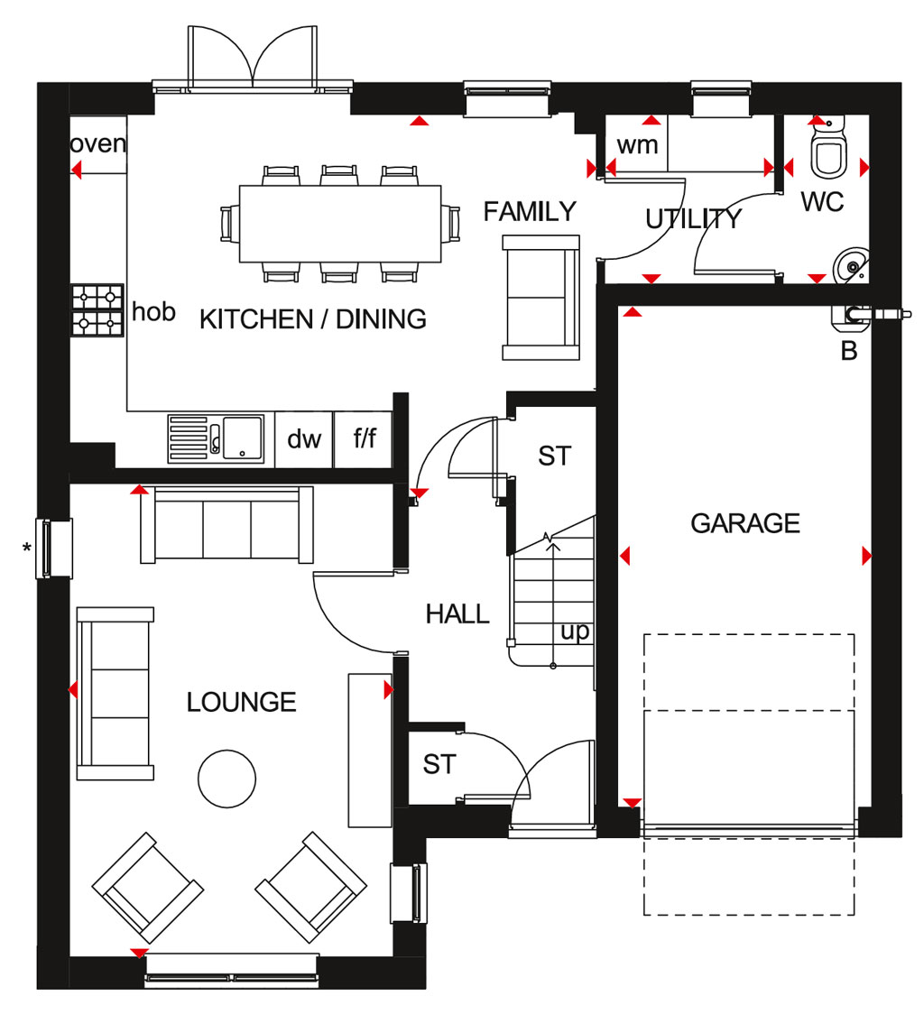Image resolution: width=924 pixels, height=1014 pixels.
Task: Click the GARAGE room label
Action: tap(744, 523)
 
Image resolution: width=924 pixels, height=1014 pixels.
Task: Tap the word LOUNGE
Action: tap(241, 702)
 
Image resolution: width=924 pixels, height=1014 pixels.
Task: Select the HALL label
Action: tap(457, 613)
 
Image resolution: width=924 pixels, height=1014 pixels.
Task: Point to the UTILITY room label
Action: tap(693, 218)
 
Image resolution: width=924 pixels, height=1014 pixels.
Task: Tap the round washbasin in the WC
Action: tap(852, 266)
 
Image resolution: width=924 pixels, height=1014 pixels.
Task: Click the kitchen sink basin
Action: tap(243, 438)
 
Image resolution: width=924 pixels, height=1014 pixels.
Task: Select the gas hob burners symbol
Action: tap(97, 310)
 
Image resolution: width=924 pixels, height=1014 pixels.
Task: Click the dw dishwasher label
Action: tap(304, 439)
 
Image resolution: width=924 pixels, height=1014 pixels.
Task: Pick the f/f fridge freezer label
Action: tap(365, 438)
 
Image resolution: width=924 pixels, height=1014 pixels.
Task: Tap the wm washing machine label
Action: tap(637, 145)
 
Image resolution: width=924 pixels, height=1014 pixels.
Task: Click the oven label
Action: tap(97, 143)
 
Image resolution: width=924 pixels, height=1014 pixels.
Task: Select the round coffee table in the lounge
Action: tap(226, 779)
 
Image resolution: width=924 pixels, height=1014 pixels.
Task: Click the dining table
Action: tap(340, 224)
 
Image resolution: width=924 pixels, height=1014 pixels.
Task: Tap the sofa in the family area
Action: tap(541, 298)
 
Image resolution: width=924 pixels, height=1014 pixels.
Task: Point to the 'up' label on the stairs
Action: tap(575, 631)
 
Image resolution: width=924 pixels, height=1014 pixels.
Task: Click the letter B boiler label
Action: tap(849, 351)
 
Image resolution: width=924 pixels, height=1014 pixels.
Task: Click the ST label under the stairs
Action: tap(555, 456)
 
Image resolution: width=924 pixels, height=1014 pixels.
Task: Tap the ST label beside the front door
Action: tap(439, 764)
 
